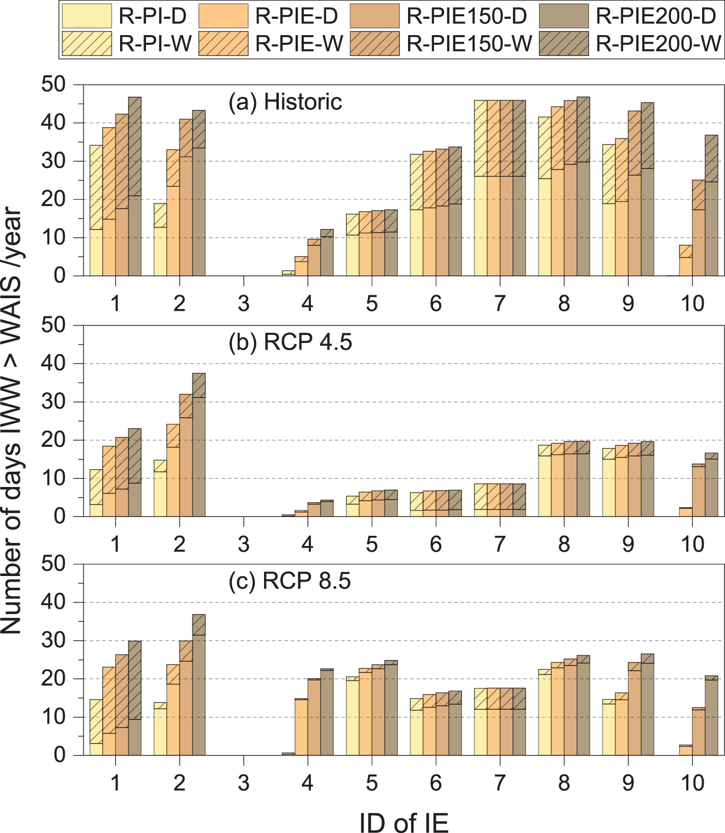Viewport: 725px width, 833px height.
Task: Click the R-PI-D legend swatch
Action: click(86, 16)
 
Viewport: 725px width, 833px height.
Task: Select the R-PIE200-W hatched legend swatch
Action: click(564, 43)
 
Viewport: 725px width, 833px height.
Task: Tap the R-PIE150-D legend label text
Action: click(467, 16)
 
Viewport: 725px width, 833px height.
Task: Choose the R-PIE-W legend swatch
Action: click(223, 43)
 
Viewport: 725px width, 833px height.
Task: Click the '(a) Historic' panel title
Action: click(285, 102)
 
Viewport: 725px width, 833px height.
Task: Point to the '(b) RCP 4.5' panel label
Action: click(290, 342)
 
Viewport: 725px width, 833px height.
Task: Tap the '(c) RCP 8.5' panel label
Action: click(289, 581)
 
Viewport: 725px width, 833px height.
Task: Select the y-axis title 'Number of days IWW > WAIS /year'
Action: click(12, 420)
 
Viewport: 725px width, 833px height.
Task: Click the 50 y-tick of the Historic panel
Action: click(54, 84)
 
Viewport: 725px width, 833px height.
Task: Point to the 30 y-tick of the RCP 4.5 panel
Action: click(54, 402)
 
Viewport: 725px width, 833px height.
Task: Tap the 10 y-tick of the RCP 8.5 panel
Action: click(54, 717)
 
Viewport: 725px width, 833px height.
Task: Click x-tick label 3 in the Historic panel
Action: click(244, 303)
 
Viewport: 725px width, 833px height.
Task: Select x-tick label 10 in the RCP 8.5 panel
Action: click(692, 783)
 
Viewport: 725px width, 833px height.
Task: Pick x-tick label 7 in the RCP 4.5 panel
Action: click(500, 544)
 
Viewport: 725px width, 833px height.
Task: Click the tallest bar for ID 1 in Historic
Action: click(135, 186)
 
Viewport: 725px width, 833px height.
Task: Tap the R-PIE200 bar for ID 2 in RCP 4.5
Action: click(199, 445)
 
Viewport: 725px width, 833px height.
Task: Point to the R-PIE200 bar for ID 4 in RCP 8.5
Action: click(327, 712)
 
